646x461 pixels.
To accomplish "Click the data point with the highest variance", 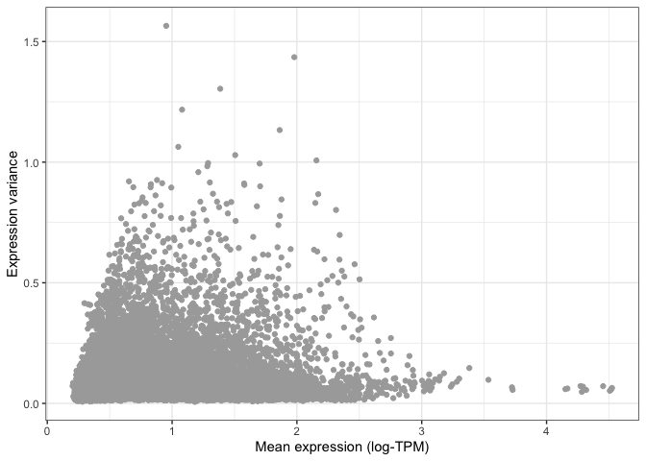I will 166,26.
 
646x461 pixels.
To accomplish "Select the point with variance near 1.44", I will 294,57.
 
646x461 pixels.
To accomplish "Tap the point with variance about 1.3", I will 220,88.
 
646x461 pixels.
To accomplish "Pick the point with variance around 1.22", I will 182,109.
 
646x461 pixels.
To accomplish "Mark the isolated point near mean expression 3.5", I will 488,379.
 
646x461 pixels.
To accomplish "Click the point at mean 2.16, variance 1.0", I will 316,160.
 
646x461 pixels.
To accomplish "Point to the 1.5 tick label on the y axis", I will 32,41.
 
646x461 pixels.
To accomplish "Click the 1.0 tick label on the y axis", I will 32,162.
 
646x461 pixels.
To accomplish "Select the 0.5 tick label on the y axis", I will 32,282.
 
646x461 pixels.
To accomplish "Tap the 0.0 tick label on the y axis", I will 32,403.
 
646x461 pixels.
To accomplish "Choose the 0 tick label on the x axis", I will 47,428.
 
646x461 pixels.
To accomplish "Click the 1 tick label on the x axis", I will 172,428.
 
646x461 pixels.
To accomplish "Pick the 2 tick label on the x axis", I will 296,428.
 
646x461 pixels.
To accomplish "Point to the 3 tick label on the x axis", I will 421,428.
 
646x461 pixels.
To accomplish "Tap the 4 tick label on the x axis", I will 546,428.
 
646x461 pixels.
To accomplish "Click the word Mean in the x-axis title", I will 272,447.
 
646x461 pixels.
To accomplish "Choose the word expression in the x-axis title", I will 326,447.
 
